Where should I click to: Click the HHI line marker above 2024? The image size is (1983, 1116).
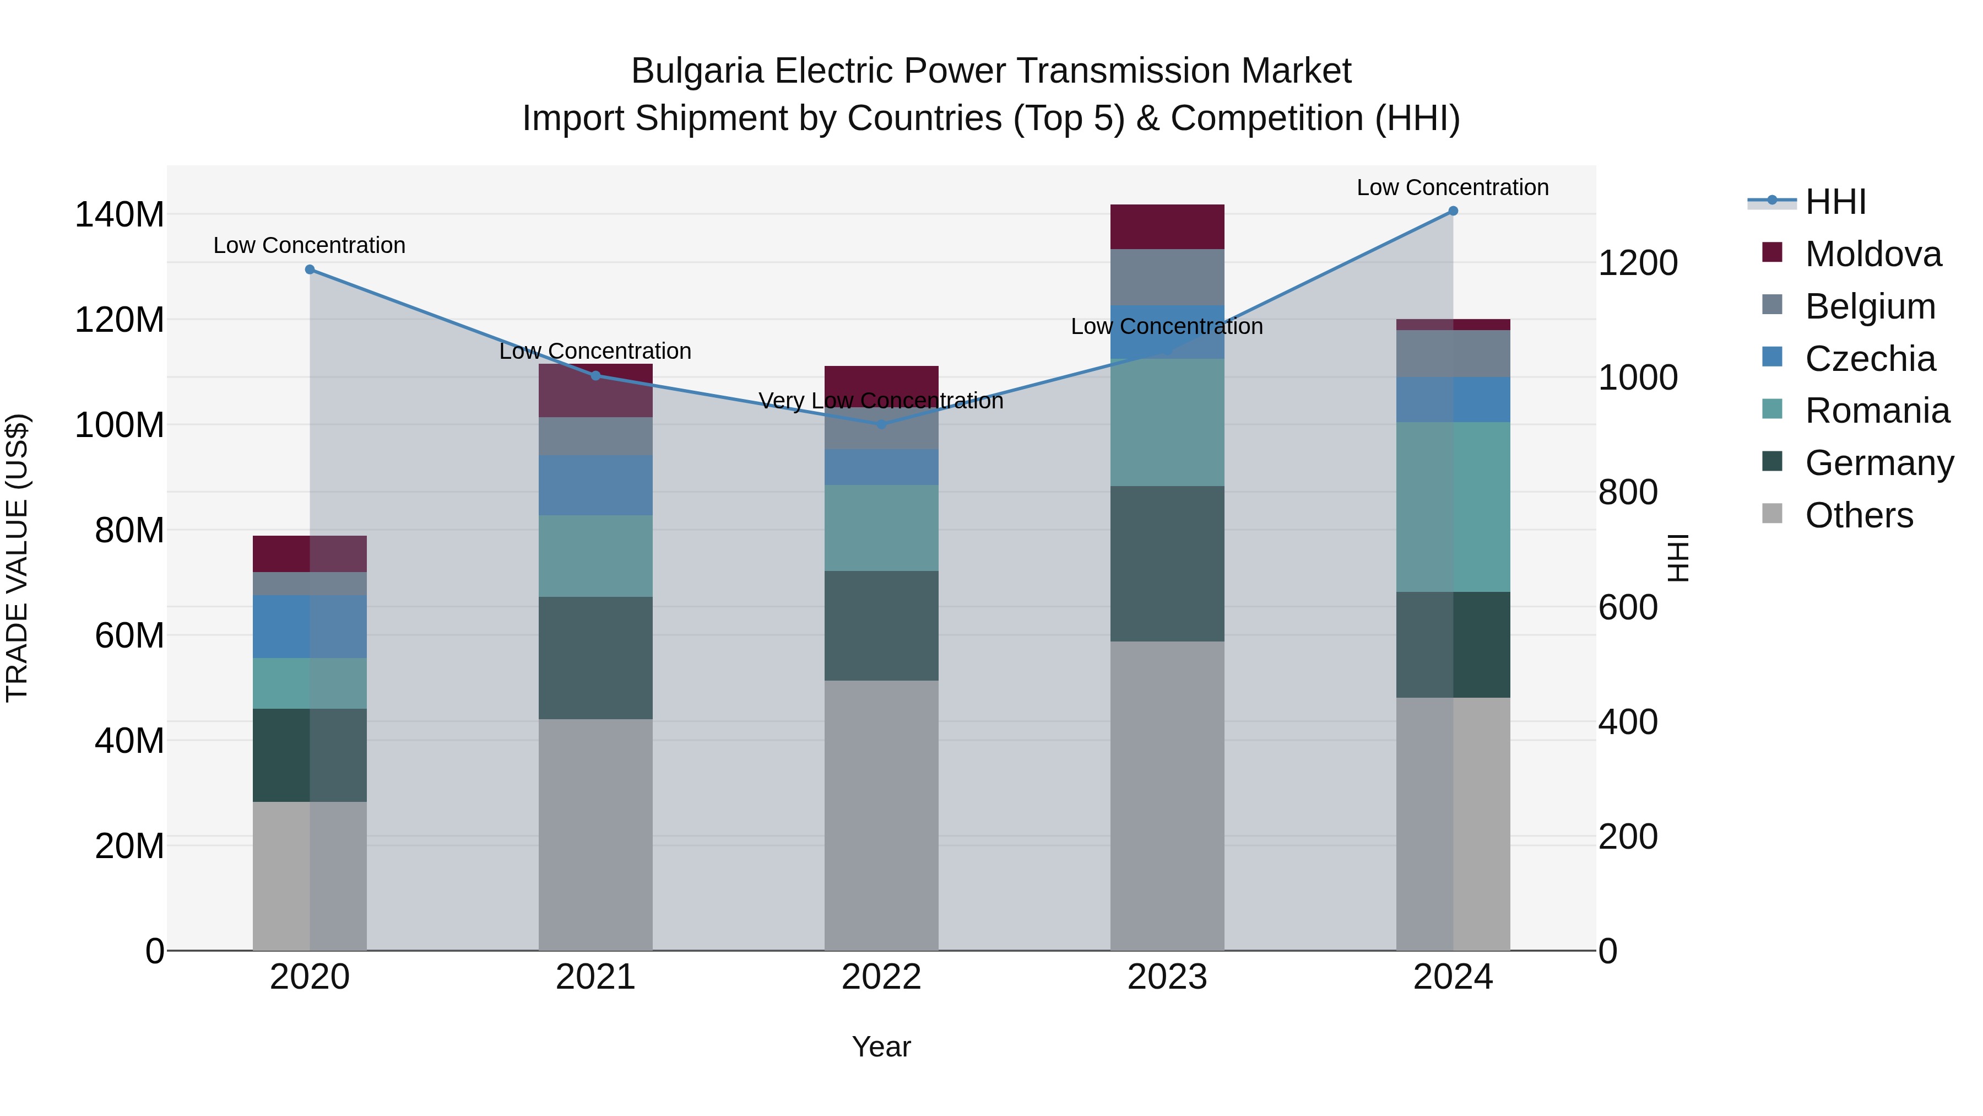1453,211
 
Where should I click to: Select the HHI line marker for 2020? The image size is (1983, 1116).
310,269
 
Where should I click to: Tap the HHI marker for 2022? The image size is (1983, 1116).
881,424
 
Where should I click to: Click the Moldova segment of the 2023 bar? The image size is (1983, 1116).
1167,227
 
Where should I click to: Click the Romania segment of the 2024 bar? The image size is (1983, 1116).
1453,507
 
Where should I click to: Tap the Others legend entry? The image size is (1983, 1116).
1859,515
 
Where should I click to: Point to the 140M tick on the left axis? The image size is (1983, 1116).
120,215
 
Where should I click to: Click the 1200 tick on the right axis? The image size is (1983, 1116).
1638,263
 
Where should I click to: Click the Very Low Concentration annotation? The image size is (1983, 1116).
881,401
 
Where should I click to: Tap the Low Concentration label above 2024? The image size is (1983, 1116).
1452,187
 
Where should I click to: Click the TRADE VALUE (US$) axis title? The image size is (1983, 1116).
17,558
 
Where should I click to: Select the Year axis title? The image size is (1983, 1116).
881,1047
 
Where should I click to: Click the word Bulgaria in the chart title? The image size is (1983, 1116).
697,71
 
